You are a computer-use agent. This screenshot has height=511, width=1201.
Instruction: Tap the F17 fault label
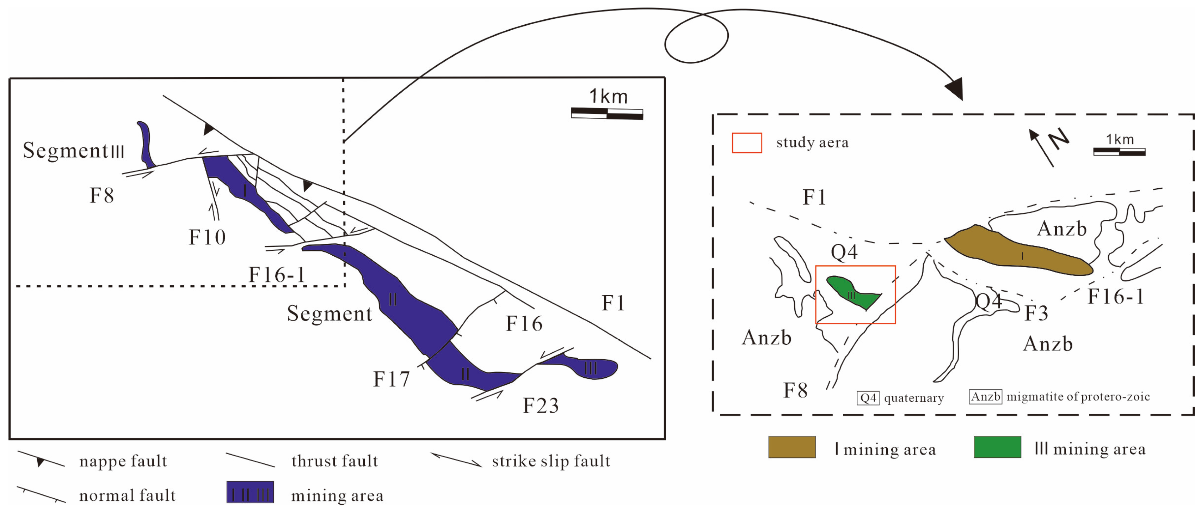coord(391,379)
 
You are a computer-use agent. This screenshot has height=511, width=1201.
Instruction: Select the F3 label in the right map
coord(1036,314)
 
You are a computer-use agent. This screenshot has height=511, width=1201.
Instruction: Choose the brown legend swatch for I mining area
coord(792,447)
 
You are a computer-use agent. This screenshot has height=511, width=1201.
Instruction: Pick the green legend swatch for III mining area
coord(997,447)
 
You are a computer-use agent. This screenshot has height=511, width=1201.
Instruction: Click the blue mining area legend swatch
coord(250,492)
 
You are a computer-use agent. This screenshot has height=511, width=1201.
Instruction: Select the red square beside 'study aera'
coord(747,143)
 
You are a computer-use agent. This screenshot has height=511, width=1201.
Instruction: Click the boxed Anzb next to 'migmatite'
coord(985,397)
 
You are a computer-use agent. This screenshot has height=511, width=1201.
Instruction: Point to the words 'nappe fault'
coord(123,461)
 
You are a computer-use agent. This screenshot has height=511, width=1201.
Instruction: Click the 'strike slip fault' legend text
coord(550,461)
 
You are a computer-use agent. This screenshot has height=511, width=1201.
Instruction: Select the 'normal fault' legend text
coord(127,495)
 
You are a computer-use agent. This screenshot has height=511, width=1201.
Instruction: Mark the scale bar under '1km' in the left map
coord(607,114)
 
